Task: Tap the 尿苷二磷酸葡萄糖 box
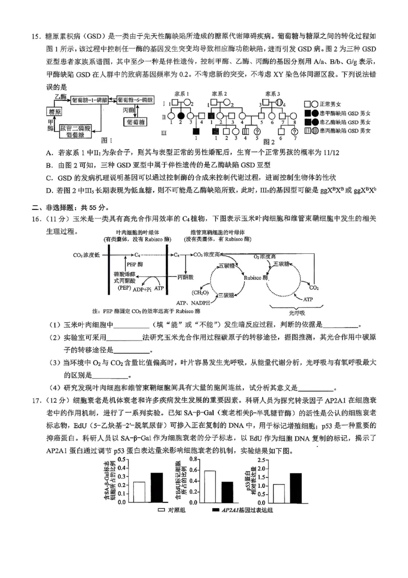(x=74, y=131)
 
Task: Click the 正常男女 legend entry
(x=331, y=103)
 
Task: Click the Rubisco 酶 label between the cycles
(x=256, y=279)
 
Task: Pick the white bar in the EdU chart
(x=210, y=486)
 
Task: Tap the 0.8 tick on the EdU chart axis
(x=194, y=460)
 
